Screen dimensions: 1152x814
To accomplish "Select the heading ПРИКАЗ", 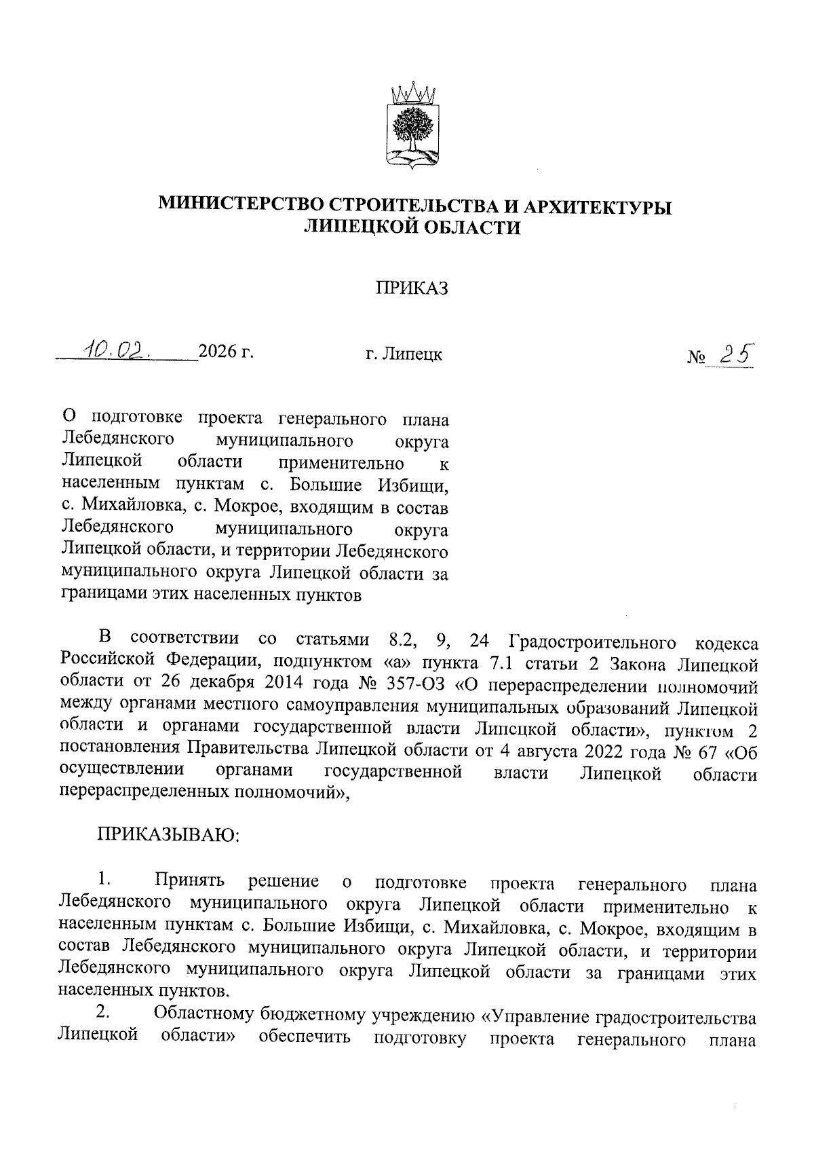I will (x=413, y=289).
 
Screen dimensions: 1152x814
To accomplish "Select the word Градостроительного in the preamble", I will (x=592, y=641).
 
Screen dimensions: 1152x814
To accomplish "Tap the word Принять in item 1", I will (x=189, y=882).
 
